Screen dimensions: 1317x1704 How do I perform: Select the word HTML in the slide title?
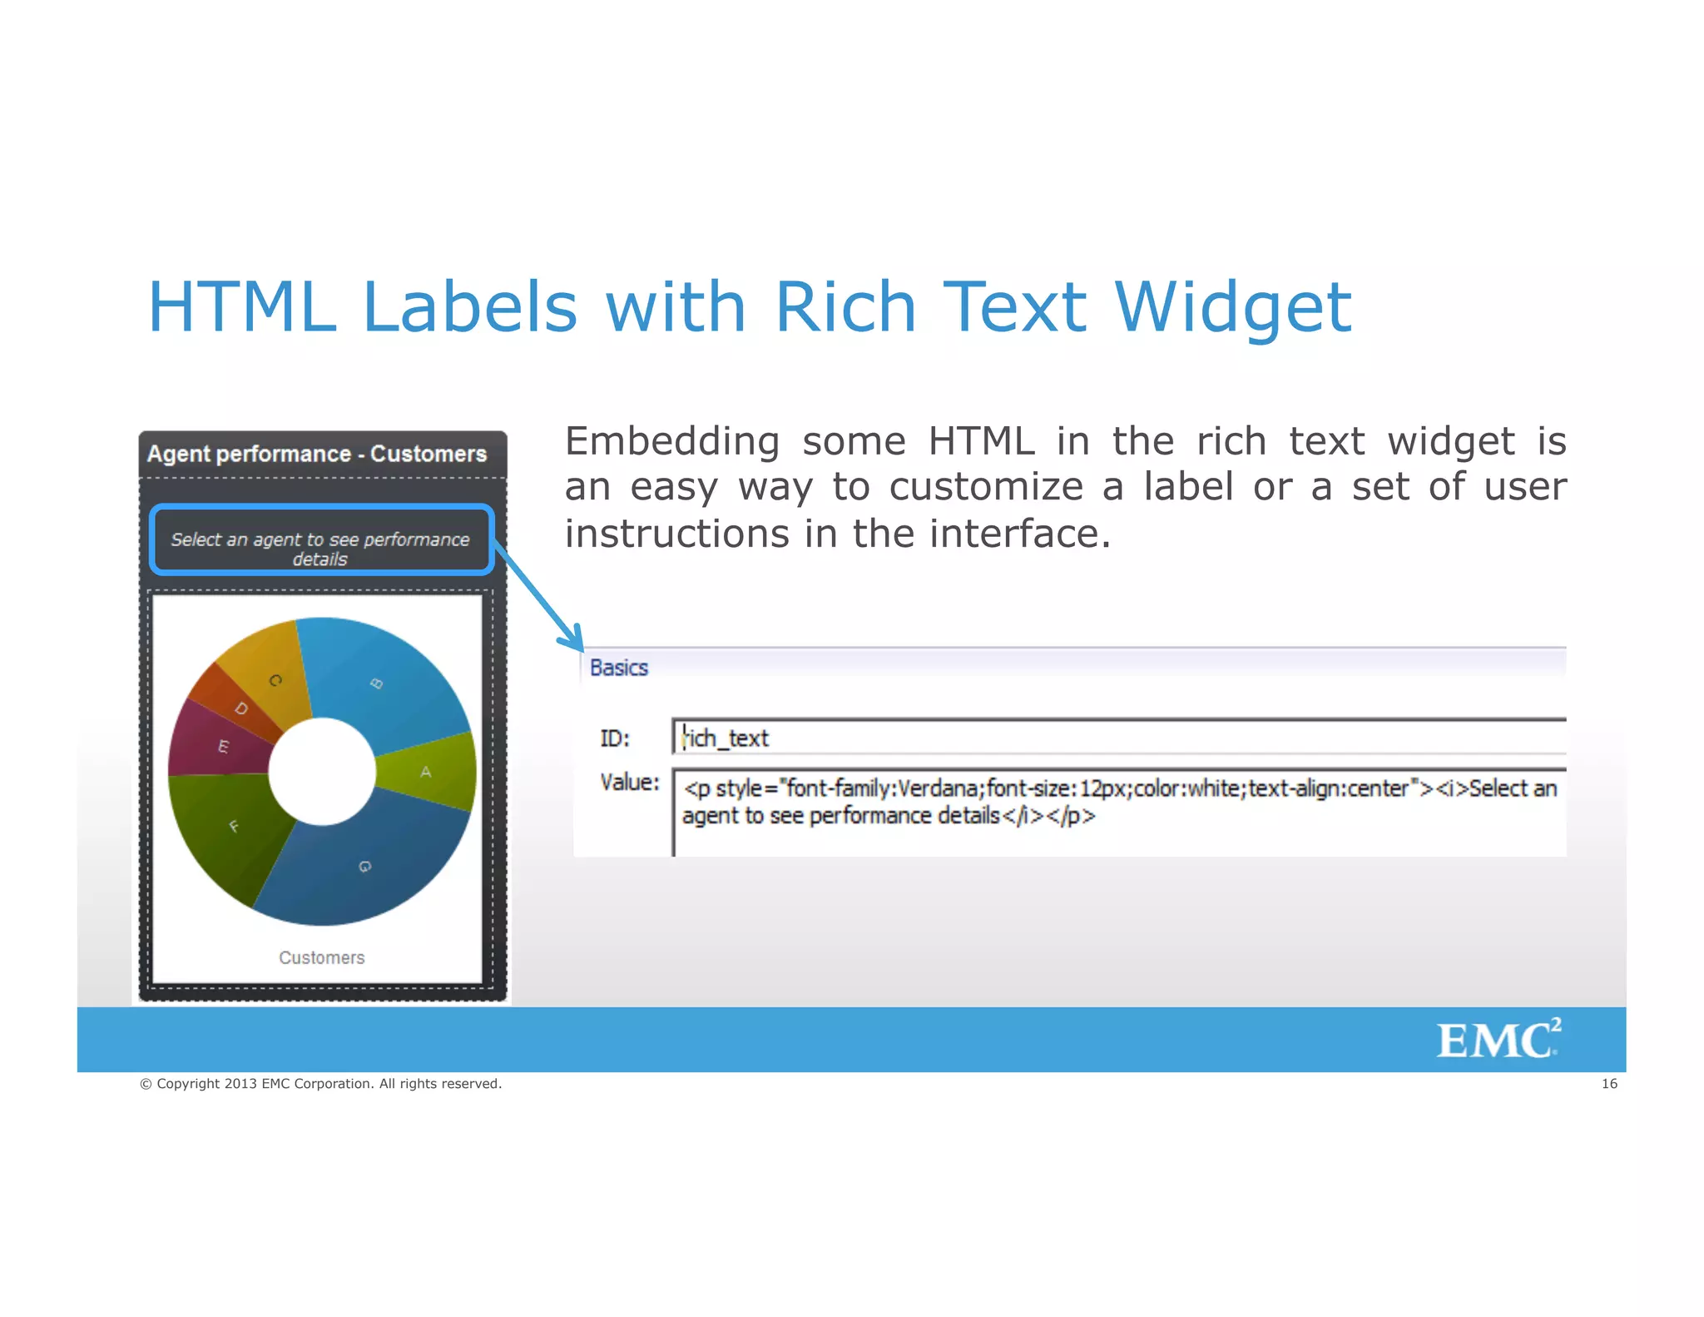pyautogui.click(x=241, y=306)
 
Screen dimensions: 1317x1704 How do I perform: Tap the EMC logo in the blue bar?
pyautogui.click(x=1498, y=1039)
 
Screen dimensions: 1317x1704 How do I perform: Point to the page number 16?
pyautogui.click(x=1609, y=1083)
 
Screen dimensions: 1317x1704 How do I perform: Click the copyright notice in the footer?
pyautogui.click(x=321, y=1083)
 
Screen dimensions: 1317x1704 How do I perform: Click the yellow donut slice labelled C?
pyautogui.click(x=270, y=674)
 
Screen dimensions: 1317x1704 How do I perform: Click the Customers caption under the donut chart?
pyautogui.click(x=322, y=957)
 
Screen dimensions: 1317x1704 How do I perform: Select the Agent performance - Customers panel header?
pyautogui.click(x=317, y=454)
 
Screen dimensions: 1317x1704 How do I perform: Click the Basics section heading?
pyautogui.click(x=619, y=668)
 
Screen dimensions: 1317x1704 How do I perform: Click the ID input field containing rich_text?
pyautogui.click(x=1115, y=738)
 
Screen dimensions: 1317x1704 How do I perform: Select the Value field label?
pyautogui.click(x=629, y=783)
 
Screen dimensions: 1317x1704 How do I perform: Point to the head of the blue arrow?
pyautogui.click(x=576, y=643)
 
